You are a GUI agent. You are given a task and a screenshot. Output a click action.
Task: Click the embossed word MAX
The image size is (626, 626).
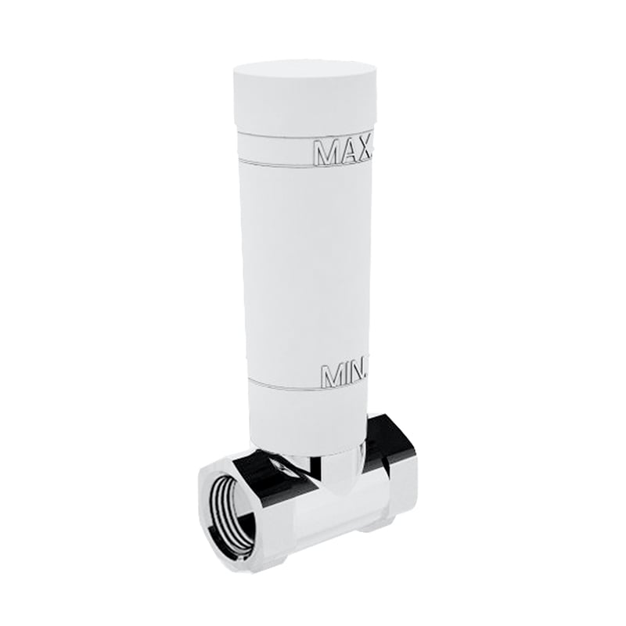[x=344, y=152]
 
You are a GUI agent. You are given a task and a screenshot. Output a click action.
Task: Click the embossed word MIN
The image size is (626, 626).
[x=344, y=376]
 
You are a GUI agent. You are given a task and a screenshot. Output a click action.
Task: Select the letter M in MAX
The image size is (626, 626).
[x=325, y=153]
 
